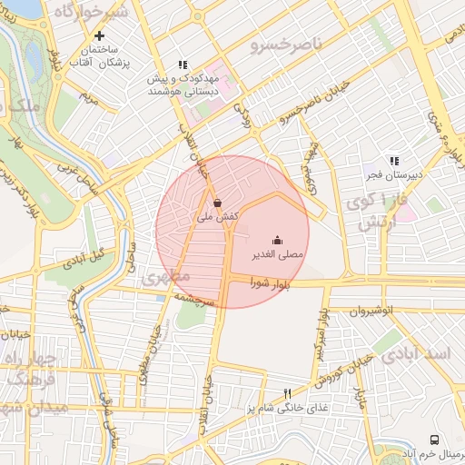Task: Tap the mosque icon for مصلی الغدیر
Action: click(277, 239)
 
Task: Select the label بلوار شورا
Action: click(270, 285)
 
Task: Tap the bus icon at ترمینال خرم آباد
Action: click(434, 440)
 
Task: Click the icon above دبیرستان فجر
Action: click(393, 160)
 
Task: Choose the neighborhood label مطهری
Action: click(165, 275)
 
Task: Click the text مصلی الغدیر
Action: click(279, 256)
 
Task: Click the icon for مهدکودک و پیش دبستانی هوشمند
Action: click(183, 64)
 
